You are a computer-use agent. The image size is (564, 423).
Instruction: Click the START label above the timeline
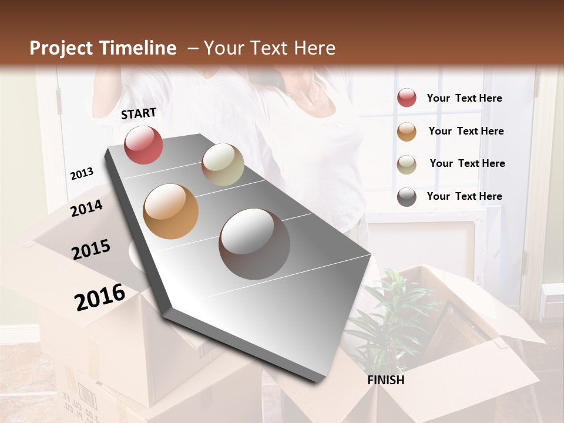tap(139, 113)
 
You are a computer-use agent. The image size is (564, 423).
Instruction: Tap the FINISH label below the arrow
tap(385, 380)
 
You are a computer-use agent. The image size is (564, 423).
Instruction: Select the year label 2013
tap(82, 174)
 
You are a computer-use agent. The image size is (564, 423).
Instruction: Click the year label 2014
tap(86, 208)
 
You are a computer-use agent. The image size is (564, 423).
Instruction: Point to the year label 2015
tap(91, 250)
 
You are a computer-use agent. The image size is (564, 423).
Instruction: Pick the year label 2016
tap(100, 297)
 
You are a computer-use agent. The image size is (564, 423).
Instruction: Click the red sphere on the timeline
tap(143, 145)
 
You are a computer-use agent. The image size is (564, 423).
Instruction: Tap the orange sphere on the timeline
tap(170, 211)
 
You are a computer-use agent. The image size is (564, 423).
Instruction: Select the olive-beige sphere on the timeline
tap(223, 164)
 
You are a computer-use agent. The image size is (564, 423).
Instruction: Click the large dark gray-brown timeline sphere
tap(254, 244)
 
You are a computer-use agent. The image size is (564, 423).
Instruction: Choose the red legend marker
tap(407, 98)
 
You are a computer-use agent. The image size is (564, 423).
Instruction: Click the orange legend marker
tap(407, 132)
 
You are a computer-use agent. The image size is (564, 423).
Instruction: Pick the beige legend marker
tap(407, 164)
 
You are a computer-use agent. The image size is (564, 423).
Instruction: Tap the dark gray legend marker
tap(407, 197)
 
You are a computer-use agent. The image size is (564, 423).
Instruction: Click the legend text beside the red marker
tap(464, 99)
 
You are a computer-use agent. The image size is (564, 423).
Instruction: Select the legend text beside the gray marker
tap(464, 196)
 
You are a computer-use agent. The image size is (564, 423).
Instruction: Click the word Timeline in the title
tap(137, 48)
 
